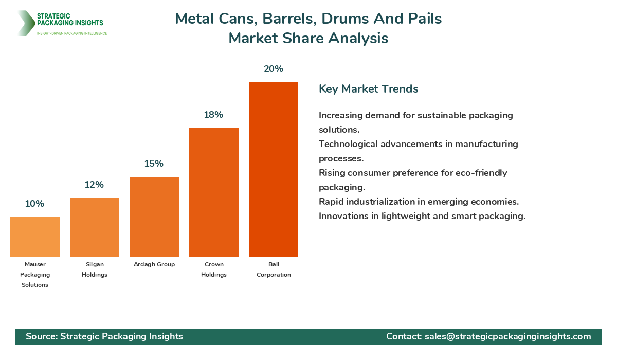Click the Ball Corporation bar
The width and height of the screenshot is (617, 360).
coord(274,170)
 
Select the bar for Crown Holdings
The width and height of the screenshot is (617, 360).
coord(214,193)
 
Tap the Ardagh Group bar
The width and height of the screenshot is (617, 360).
coord(154,217)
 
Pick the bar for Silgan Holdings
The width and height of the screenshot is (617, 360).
coord(95,228)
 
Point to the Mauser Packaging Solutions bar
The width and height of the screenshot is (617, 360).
coord(35,237)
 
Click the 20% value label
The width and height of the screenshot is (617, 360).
coord(274,69)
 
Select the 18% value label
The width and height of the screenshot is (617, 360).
coord(213,115)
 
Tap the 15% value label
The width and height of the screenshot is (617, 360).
coord(154,164)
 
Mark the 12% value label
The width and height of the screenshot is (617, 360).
coord(95,185)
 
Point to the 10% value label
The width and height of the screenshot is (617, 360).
coord(34,204)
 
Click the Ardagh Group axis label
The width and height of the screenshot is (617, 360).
coord(154,264)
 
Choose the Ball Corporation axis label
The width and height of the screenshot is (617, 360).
coord(274,269)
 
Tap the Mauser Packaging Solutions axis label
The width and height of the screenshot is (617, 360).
coord(35,275)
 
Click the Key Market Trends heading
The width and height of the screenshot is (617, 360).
coord(369,89)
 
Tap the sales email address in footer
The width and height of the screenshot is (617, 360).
coord(508,336)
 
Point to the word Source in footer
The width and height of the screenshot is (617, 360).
coord(41,336)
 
